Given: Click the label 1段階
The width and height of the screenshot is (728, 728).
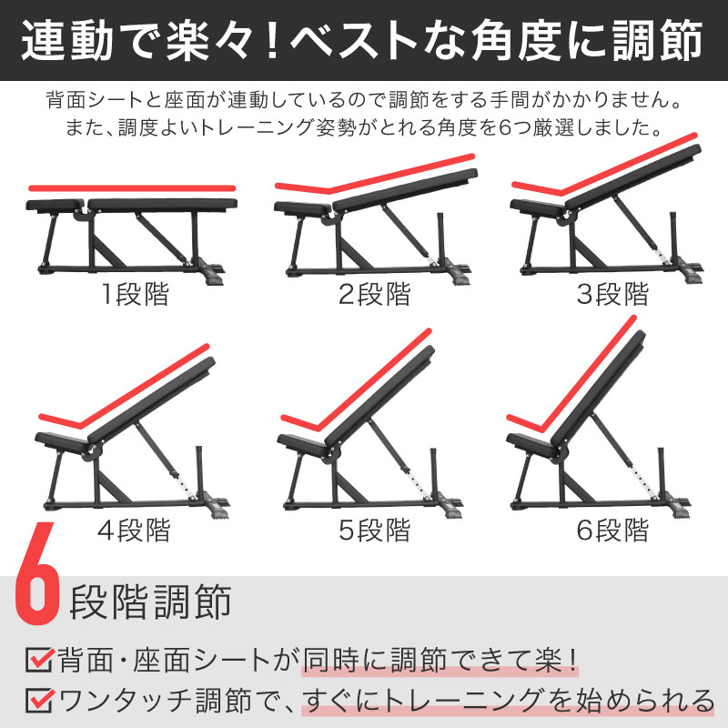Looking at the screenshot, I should tap(135, 295).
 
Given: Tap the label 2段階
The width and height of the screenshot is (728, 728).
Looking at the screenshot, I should tap(374, 295).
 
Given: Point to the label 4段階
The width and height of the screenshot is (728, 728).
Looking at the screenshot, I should tap(135, 531).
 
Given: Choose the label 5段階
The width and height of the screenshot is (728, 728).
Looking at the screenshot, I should tap(374, 531).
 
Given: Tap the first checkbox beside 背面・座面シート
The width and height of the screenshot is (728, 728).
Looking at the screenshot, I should tap(39, 658).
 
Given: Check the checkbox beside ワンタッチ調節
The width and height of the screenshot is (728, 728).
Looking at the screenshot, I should tap(39, 701).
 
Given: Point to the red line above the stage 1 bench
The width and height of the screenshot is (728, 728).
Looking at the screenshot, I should tap(132, 188).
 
